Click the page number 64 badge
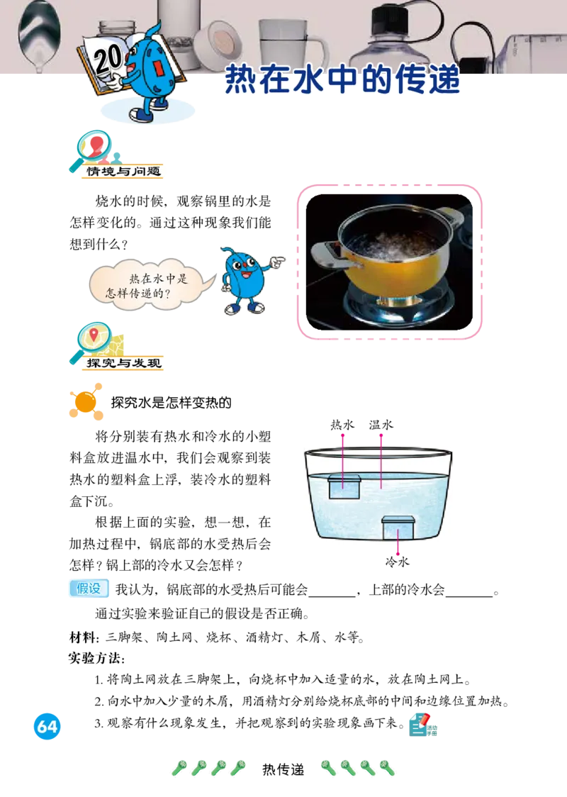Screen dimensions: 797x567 click(47, 727)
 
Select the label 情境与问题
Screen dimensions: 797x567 click(124, 172)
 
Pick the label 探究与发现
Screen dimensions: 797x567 click(124, 364)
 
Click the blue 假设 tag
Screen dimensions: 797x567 click(90, 589)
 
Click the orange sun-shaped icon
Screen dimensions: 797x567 click(86, 402)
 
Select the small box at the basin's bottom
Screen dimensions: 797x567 click(398, 528)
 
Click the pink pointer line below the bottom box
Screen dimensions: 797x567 click(398, 548)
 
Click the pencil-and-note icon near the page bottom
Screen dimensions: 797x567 click(423, 724)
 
